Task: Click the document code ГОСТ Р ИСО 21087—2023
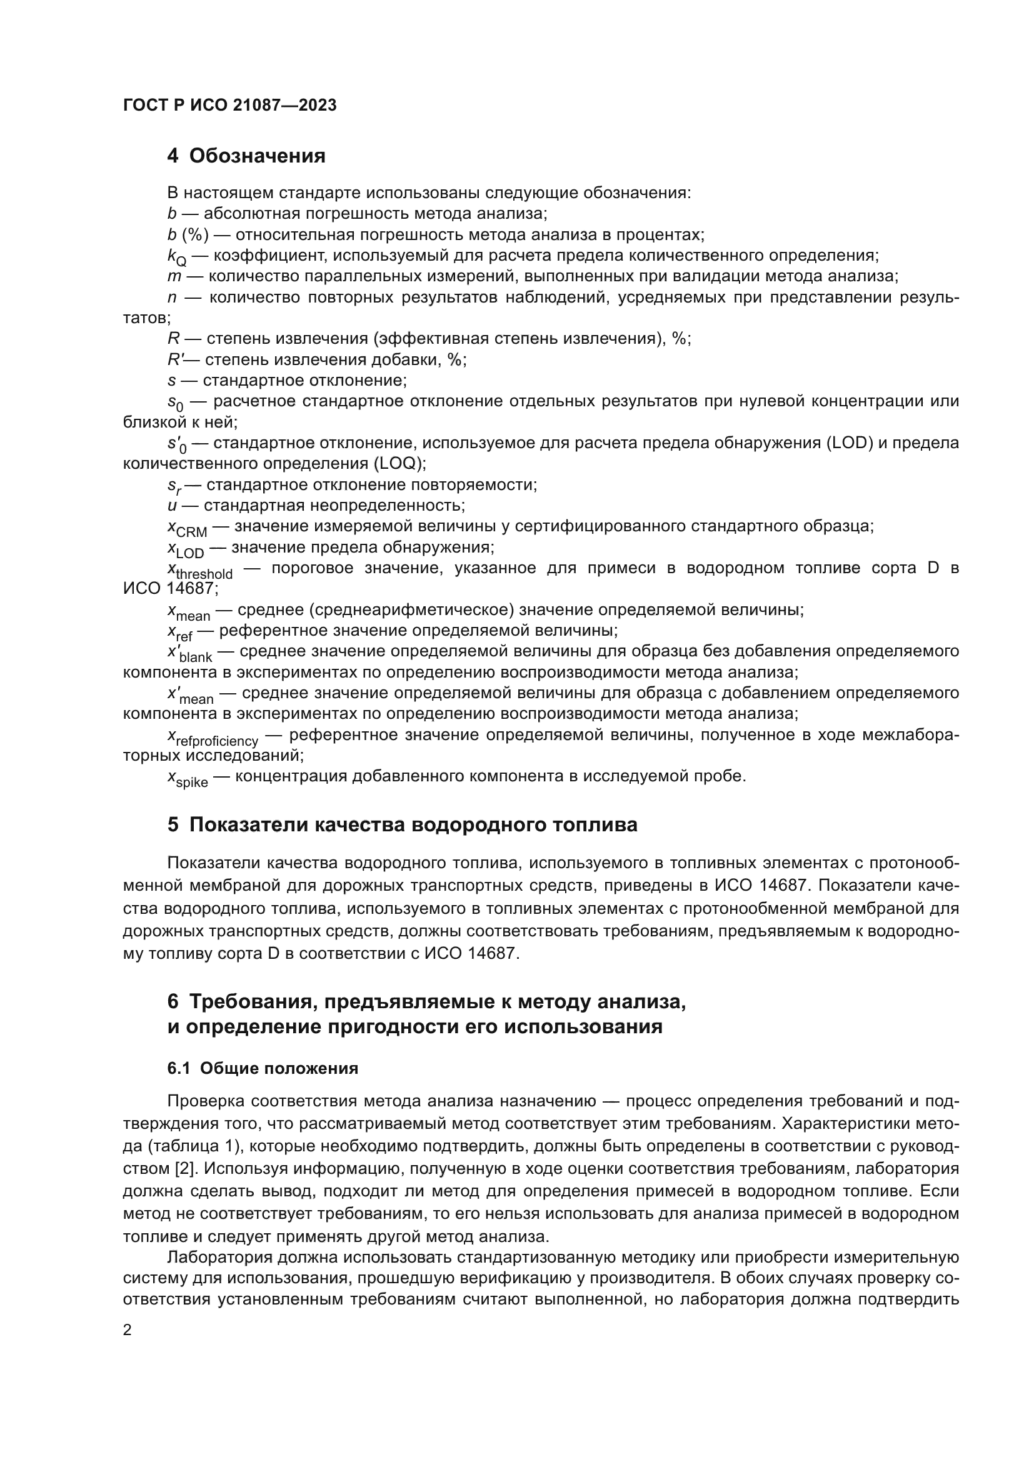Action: [x=230, y=106]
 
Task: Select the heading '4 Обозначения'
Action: [x=246, y=156]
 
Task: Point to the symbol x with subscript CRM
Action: [x=186, y=529]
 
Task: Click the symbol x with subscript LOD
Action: [x=185, y=549]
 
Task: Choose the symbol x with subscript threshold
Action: [x=200, y=571]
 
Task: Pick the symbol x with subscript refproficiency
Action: [x=213, y=738]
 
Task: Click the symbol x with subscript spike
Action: [x=187, y=779]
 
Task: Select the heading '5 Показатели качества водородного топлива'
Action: [x=402, y=824]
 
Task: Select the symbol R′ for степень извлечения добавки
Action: [x=174, y=360]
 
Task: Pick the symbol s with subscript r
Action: [x=174, y=486]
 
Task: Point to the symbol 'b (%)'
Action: [x=188, y=235]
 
